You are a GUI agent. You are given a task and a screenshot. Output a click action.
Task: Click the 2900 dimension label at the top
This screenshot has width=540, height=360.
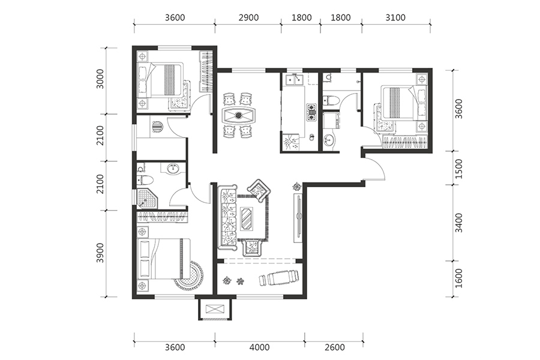pos(248,17)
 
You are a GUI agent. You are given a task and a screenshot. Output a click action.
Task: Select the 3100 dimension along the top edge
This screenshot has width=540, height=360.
pos(395,17)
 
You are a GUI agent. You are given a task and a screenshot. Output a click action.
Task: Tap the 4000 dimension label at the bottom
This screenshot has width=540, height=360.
pos(260,347)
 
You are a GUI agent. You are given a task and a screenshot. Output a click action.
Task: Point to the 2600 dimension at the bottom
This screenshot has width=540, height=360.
pos(335,347)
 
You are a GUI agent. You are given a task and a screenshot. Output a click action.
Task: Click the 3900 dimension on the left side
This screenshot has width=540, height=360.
pos(100,253)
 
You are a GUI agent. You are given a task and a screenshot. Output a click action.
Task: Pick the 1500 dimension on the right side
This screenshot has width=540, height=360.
pos(459,169)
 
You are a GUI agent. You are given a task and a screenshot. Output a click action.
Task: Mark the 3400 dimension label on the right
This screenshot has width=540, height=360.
pos(459,223)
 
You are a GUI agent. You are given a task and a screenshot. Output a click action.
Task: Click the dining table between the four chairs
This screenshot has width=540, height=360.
pos(238,115)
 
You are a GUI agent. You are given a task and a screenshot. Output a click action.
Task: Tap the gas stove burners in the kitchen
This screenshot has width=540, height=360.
pos(311,112)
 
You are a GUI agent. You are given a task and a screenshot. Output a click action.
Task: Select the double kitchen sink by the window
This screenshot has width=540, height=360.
pos(294,80)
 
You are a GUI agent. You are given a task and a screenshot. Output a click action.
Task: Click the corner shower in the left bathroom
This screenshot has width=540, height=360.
pos(147,198)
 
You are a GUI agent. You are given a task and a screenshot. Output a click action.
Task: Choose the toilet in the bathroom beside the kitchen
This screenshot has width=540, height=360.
pos(331,100)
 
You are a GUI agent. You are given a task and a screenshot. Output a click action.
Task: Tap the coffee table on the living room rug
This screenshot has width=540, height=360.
pos(247,217)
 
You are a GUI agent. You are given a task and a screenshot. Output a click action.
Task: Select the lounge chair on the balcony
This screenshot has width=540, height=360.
pos(278,278)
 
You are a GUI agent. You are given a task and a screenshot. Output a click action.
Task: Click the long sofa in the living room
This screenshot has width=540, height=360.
pos(227,218)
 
